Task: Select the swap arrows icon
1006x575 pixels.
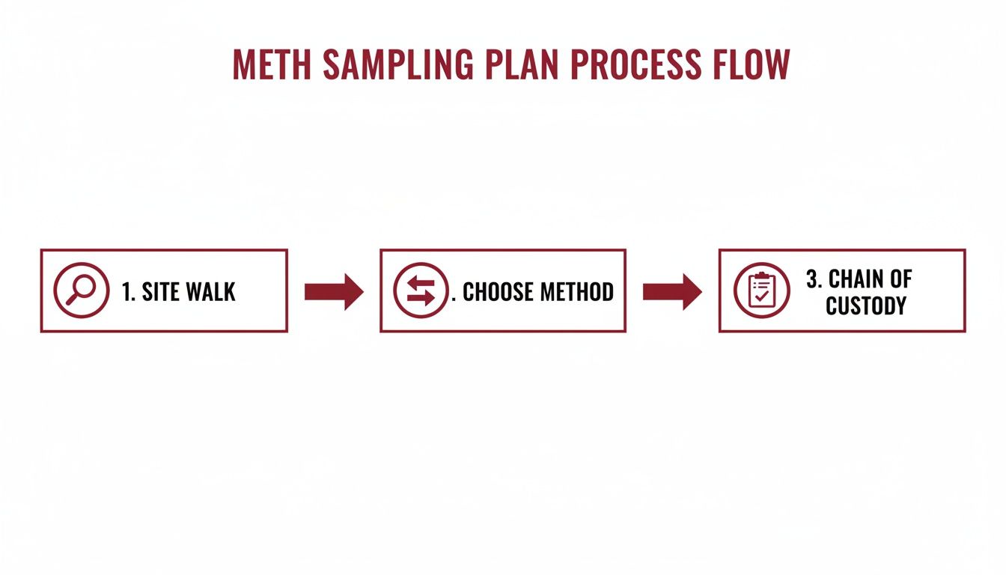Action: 421,290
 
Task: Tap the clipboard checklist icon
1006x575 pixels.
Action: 761,290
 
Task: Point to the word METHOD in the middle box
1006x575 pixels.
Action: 576,291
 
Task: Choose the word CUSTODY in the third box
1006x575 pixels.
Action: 866,305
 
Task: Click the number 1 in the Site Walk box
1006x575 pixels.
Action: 126,291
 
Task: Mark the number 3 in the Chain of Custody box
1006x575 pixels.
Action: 812,279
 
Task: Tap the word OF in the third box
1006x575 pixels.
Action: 900,279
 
